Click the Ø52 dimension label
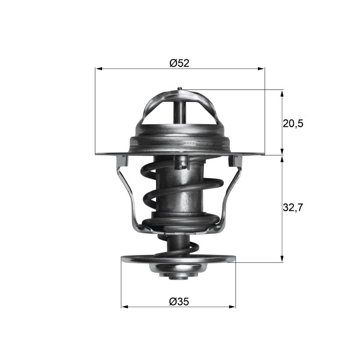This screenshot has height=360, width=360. point(179,62)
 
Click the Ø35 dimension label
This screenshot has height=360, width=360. point(179,301)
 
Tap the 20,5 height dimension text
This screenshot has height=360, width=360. point(293,123)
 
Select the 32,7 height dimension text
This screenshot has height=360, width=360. point(293,208)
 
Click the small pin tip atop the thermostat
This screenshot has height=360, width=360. point(179,90)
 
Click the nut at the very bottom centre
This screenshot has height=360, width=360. point(178,276)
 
